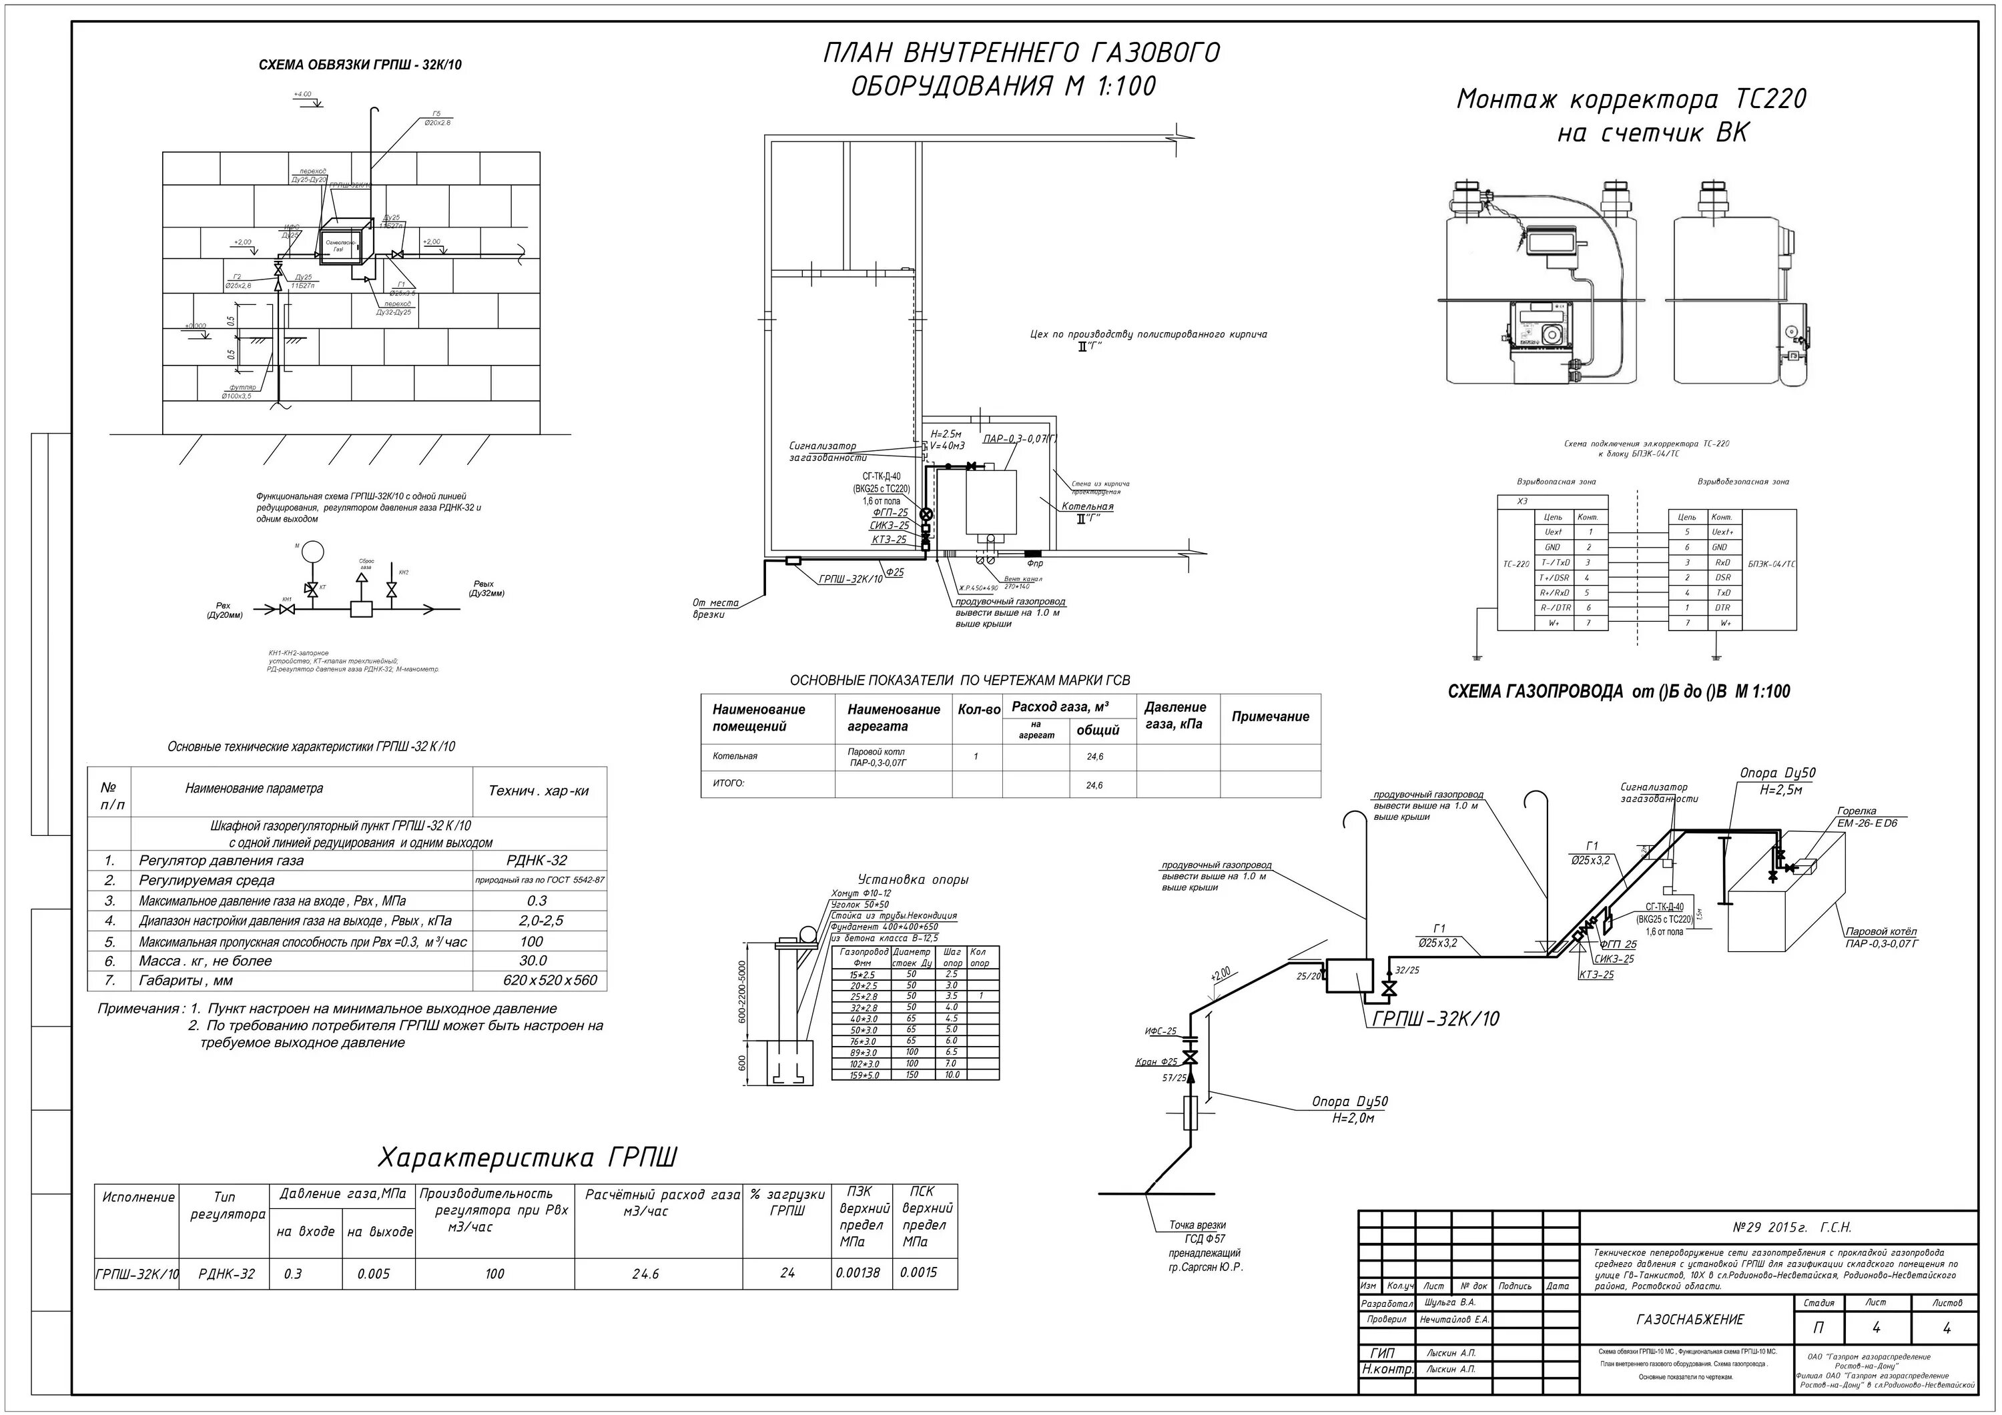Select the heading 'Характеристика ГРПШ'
coord(528,1157)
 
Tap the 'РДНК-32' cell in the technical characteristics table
coord(537,861)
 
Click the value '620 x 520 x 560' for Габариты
coord(537,980)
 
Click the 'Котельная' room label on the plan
coord(1087,506)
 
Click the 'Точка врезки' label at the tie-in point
coord(1197,1225)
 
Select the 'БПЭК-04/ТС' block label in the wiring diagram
coord(1771,564)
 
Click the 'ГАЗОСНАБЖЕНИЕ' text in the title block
coord(1690,1319)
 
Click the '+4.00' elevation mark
coord(302,94)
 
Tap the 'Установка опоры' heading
coord(913,880)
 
